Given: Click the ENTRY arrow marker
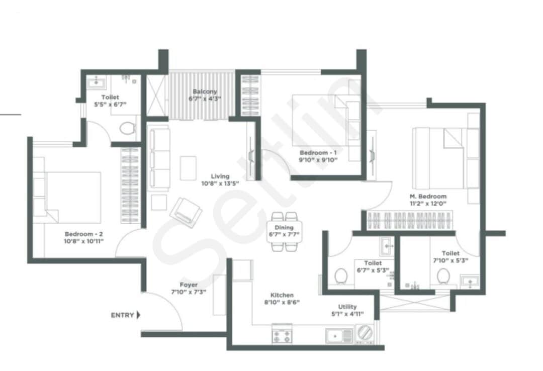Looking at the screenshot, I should (x=138, y=315).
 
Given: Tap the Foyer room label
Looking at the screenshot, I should (x=189, y=285).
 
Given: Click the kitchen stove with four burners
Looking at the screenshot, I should (x=283, y=335).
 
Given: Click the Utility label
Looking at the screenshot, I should (x=347, y=307).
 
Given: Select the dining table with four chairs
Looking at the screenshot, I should (x=285, y=231).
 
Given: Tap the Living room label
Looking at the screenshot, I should (x=220, y=176).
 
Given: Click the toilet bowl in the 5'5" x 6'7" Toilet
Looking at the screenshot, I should (x=128, y=128).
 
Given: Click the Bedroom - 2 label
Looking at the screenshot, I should (x=83, y=234).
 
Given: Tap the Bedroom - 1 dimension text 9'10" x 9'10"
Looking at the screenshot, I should (x=318, y=160).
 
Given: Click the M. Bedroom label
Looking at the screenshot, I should (x=428, y=197).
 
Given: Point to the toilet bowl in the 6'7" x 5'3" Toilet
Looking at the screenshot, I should (x=341, y=276).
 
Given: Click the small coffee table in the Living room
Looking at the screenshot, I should (x=189, y=168).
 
